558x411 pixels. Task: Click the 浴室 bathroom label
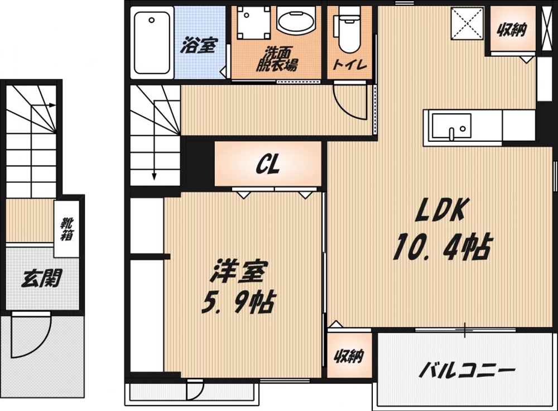(198, 46)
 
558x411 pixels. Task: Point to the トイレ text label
(350, 64)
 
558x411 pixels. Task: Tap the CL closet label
(268, 164)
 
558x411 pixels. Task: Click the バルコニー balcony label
(466, 369)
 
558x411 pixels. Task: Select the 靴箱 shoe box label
(66, 230)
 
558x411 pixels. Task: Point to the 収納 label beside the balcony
(349, 356)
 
